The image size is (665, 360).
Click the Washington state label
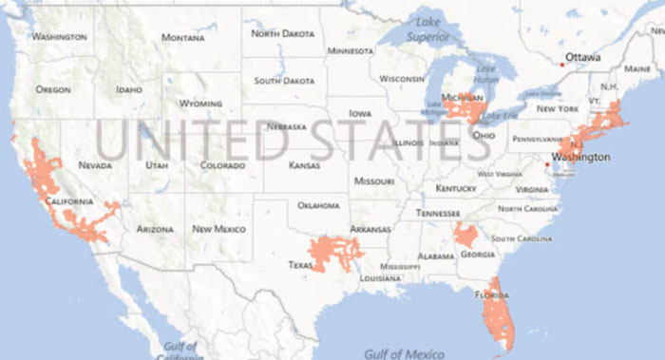click(x=59, y=37)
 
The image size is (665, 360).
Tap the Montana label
click(x=182, y=38)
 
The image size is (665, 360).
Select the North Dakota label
click(x=282, y=33)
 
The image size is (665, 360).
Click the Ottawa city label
click(x=583, y=58)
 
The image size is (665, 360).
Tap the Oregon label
click(x=54, y=89)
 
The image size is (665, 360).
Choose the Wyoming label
click(x=200, y=103)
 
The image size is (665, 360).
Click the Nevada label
click(x=95, y=164)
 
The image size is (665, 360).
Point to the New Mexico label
click(x=219, y=229)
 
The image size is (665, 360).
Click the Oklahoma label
click(x=318, y=205)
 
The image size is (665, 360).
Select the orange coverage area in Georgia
click(x=466, y=235)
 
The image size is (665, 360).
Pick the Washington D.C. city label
click(x=579, y=155)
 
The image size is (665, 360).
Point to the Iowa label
click(x=360, y=113)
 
